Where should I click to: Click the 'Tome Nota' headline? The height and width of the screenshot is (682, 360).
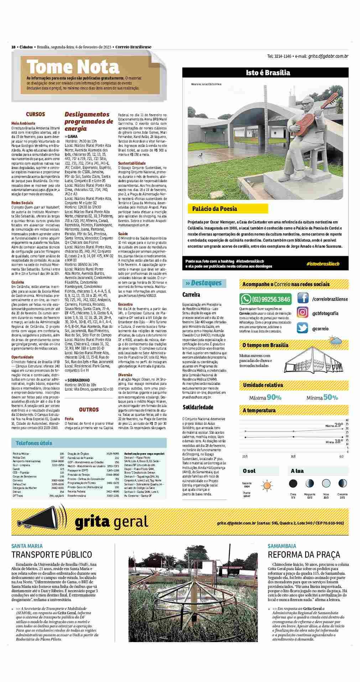point(73,67)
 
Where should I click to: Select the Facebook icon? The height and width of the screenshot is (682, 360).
point(303,298)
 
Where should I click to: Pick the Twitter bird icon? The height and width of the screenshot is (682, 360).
point(303,328)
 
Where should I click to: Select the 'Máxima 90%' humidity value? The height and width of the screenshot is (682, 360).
point(263,397)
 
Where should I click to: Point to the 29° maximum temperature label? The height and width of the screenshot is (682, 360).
point(339,425)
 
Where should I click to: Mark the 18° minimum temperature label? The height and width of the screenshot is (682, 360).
point(339,441)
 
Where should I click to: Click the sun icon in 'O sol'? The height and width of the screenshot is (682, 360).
point(266,486)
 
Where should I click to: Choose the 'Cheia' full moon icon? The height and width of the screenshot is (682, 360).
point(293,484)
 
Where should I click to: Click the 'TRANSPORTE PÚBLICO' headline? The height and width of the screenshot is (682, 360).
point(52,554)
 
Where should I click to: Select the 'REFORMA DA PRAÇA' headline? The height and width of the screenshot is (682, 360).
point(304,554)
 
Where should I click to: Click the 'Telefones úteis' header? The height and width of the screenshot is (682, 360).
point(34,443)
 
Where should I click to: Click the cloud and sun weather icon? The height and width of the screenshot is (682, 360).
point(336,342)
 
